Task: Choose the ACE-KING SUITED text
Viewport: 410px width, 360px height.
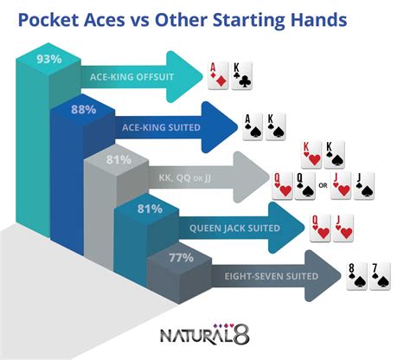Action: pos(162,127)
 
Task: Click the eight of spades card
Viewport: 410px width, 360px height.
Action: pos(355,276)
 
